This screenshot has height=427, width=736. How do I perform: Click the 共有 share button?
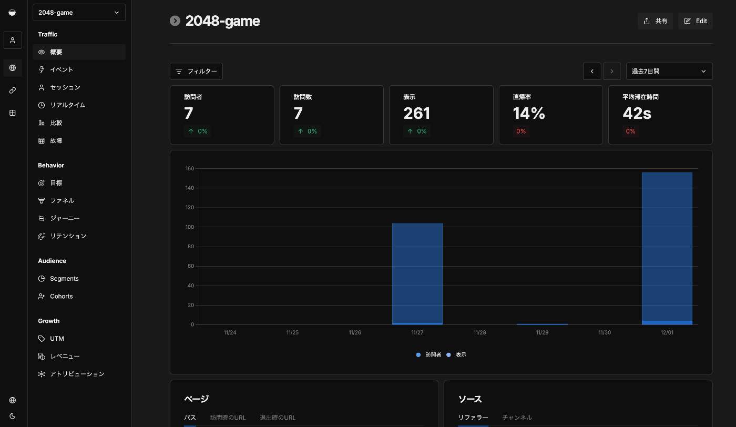(x=655, y=21)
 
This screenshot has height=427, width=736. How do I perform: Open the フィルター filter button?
(x=196, y=71)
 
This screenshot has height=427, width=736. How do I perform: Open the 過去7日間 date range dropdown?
(x=669, y=71)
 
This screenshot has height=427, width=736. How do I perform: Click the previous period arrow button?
(x=592, y=71)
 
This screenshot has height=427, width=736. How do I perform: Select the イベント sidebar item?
(x=62, y=69)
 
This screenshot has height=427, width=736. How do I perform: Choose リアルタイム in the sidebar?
(x=67, y=105)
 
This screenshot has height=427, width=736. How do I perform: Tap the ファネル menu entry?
(x=62, y=200)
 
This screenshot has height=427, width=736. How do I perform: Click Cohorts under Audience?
(x=61, y=296)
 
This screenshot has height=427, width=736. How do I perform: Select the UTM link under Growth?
(x=57, y=339)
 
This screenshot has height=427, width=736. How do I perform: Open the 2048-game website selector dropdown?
(x=79, y=13)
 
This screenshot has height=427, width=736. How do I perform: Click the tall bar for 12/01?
(x=667, y=247)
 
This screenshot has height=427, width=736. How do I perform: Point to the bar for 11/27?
(x=417, y=273)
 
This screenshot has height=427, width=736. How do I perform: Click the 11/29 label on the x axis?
(x=542, y=332)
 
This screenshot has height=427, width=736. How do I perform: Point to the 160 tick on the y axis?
(x=190, y=169)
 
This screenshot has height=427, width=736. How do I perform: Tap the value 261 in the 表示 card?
(x=417, y=113)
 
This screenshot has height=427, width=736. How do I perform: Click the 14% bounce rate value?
(x=529, y=113)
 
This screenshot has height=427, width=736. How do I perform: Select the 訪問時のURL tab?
(x=228, y=418)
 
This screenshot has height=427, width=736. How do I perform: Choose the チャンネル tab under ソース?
(x=517, y=418)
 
